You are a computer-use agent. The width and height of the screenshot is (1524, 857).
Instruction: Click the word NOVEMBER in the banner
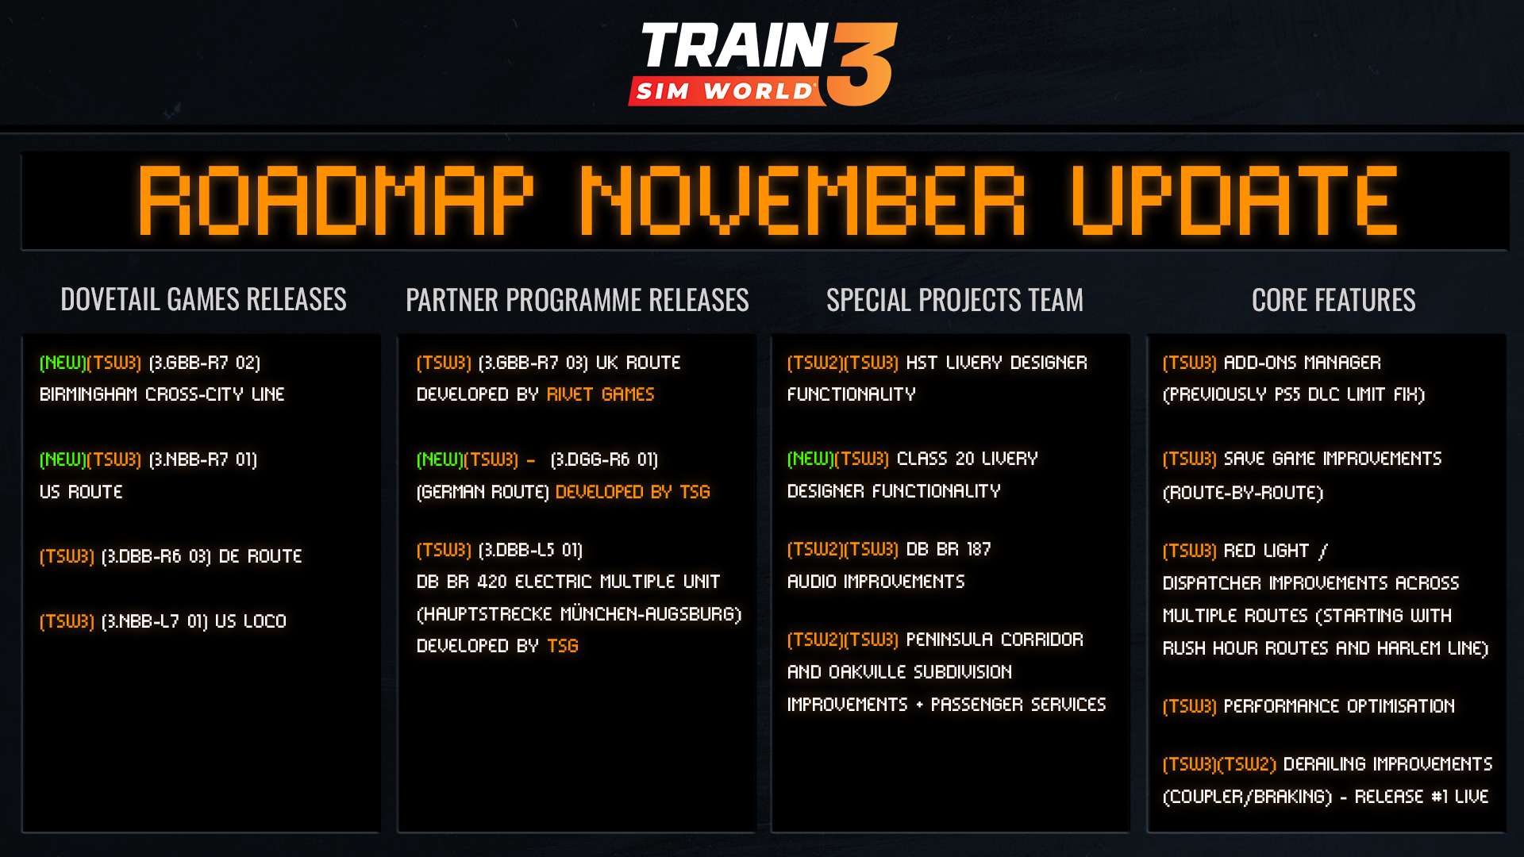(802, 201)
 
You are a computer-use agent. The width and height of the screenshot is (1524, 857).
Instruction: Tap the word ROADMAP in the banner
(336, 201)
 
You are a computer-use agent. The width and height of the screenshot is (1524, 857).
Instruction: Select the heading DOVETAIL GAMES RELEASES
(203, 299)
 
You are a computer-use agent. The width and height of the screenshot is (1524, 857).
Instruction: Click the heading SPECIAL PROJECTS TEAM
(954, 300)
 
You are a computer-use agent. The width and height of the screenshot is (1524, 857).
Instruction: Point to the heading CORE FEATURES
(1333, 300)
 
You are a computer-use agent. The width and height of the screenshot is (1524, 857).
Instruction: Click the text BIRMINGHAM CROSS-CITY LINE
(162, 394)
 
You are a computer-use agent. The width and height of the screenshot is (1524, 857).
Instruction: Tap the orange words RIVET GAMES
(600, 394)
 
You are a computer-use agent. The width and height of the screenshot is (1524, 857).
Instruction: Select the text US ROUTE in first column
(81, 492)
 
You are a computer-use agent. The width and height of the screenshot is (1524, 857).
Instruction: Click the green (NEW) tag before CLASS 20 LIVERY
(810, 459)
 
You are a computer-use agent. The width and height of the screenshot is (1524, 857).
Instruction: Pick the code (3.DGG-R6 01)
(604, 459)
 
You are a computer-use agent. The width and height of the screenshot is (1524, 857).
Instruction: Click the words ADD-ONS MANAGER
(1302, 363)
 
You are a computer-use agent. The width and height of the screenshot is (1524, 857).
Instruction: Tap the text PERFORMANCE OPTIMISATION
(1339, 706)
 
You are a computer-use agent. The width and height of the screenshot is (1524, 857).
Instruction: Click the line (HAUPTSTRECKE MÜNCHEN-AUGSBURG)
(579, 614)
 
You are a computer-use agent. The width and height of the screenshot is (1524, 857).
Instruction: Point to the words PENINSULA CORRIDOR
(994, 640)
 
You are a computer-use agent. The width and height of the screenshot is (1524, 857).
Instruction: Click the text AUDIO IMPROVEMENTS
(876, 582)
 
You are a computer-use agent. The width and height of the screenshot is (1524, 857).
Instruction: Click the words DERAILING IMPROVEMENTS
(1387, 764)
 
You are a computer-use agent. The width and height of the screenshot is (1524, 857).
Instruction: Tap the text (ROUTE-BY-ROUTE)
(1242, 493)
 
